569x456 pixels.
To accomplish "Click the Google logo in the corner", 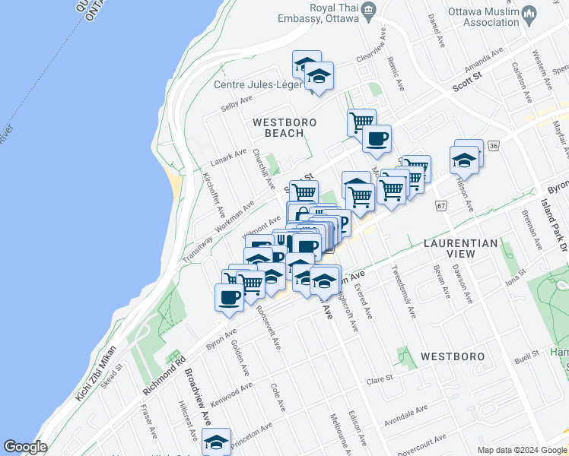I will (25, 447).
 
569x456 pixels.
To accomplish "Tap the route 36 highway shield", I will (494, 145).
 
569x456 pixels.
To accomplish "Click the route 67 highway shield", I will (440, 206).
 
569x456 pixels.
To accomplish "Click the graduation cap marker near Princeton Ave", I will (217, 441).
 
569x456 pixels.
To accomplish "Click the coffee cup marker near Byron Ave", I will (229, 296).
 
